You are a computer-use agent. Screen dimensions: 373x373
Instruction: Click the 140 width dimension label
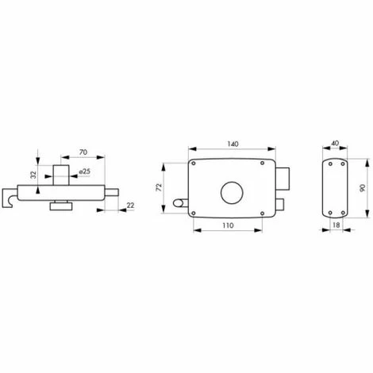tap(233, 144)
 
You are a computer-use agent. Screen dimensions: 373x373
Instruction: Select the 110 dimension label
tap(228, 225)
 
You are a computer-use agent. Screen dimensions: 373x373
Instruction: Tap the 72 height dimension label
tap(159, 187)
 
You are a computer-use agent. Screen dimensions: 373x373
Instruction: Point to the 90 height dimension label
tap(362, 188)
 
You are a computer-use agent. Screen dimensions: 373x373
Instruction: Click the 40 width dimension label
tap(335, 143)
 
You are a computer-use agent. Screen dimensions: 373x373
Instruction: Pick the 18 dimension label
tap(336, 225)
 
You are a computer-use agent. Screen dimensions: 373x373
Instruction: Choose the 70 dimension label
tap(83, 152)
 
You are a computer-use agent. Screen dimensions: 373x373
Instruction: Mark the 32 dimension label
tap(33, 175)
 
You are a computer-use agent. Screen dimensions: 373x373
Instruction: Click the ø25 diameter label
tap(85, 171)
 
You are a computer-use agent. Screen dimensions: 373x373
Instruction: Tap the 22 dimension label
tap(130, 205)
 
